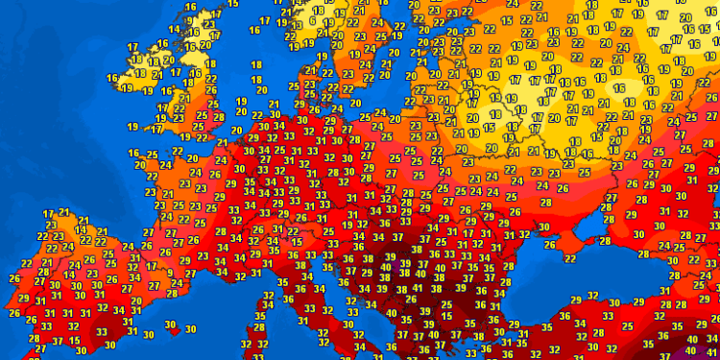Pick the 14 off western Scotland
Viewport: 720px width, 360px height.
[175, 29]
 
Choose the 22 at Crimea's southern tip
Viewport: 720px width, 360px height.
[569, 256]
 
